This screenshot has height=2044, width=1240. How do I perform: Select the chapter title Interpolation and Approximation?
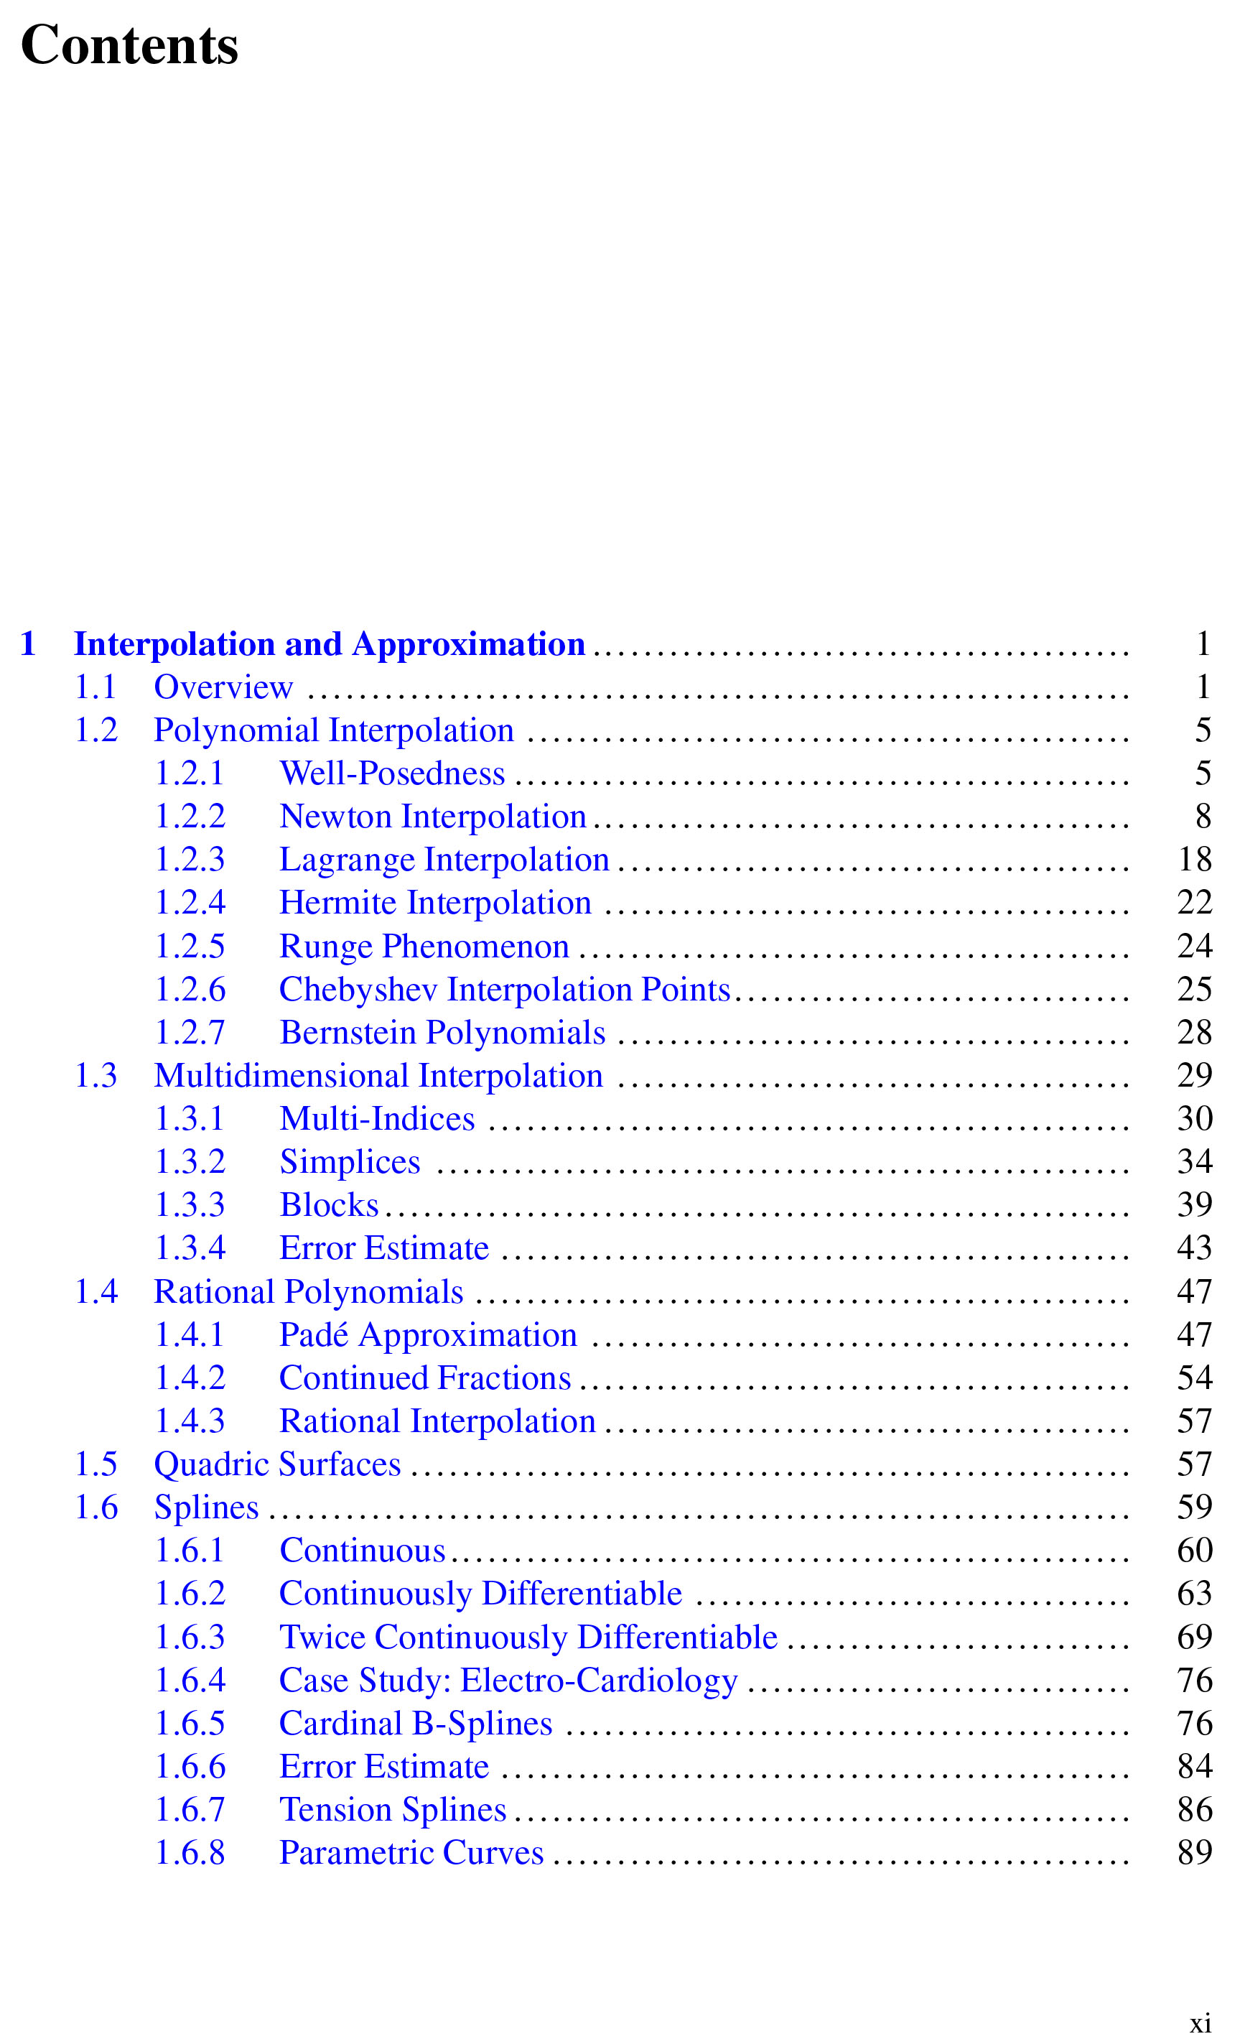[330, 644]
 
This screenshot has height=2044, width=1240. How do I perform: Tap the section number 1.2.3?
[190, 860]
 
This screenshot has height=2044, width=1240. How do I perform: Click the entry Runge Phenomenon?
[424, 947]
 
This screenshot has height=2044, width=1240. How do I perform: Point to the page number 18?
[1194, 860]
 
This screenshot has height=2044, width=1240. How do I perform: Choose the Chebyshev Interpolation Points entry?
[504, 990]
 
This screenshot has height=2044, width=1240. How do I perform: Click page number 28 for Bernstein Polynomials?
[1194, 1033]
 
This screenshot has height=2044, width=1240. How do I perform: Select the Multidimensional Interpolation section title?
[378, 1076]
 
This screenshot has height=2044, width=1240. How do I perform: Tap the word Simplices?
[350, 1162]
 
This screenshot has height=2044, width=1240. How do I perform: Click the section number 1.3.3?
[190, 1205]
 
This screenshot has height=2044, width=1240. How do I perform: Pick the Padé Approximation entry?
[428, 1334]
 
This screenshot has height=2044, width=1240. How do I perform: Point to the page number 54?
[1194, 1378]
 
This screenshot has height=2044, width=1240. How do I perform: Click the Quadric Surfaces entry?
[277, 1464]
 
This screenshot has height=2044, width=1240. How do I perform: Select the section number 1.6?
[96, 1508]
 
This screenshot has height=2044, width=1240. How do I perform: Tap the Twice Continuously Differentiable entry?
[528, 1637]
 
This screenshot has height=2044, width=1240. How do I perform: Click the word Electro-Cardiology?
[599, 1681]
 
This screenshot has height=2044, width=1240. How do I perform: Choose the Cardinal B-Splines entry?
[416, 1724]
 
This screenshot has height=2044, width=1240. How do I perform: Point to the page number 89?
[1194, 1853]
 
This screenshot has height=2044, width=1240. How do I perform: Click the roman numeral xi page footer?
[1201, 2023]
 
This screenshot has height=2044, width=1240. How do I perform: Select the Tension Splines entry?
[392, 1810]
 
